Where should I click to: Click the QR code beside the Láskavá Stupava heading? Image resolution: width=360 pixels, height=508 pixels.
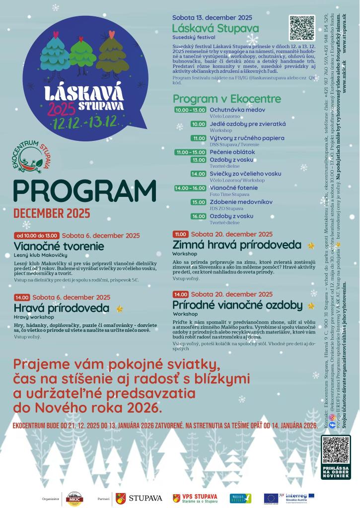point(302,28)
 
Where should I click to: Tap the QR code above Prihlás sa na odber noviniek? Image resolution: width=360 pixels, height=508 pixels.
point(336,450)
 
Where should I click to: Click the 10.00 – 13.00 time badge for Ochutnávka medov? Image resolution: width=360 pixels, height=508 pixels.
point(190,110)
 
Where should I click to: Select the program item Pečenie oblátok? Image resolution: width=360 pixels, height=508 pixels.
point(232,152)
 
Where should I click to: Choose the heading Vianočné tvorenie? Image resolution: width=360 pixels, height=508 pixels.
point(59,246)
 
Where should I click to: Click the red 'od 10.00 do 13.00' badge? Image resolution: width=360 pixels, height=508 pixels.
point(37,235)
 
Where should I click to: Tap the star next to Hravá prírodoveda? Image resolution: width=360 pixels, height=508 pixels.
point(119,309)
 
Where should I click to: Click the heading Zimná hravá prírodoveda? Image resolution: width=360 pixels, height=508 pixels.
point(237,245)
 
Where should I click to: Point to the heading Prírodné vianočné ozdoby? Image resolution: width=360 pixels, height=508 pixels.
point(237,305)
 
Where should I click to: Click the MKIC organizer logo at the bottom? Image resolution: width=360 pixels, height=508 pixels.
point(74,498)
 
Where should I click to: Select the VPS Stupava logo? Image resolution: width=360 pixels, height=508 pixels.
point(195,498)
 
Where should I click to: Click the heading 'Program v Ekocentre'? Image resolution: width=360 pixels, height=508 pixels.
point(226,99)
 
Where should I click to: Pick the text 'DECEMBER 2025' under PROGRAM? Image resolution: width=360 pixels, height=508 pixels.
point(52,213)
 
